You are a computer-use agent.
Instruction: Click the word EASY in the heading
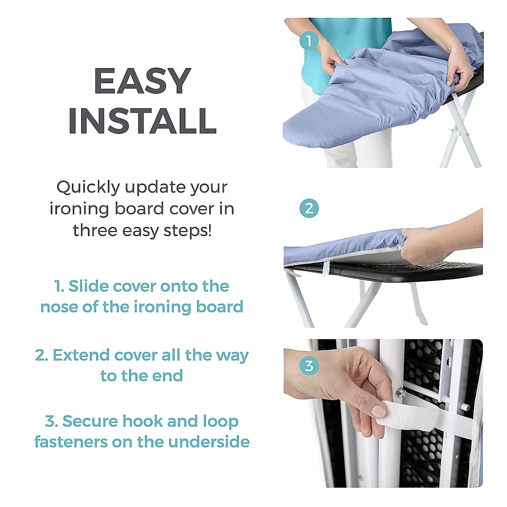[x=142, y=82]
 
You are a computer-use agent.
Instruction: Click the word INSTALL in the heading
[x=142, y=121]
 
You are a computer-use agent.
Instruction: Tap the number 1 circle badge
[x=309, y=41]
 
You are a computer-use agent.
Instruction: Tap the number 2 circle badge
[x=309, y=209]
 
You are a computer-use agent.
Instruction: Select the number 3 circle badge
[x=309, y=365]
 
